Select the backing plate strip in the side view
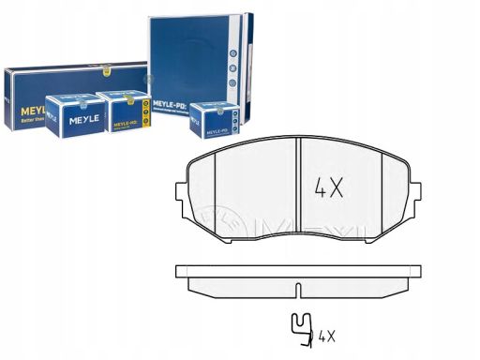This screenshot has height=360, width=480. pos(296,271)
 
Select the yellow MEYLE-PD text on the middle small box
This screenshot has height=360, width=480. pos(127,124)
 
